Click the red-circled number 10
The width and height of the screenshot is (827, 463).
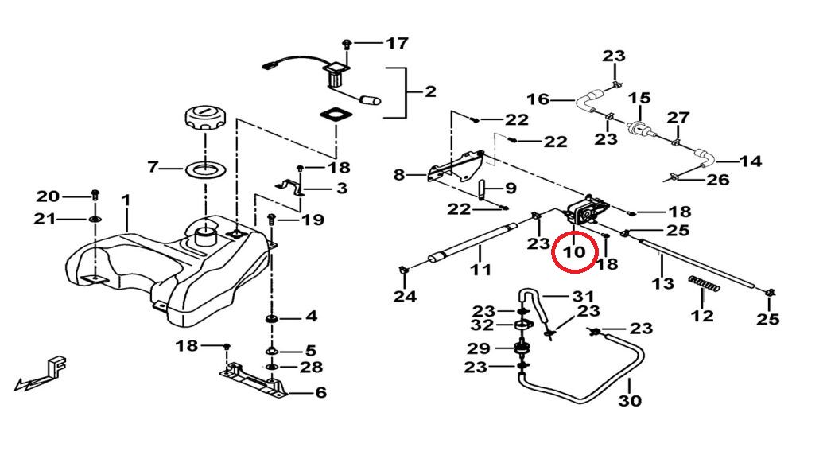(x=575, y=252)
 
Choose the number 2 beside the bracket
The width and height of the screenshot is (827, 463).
(x=430, y=91)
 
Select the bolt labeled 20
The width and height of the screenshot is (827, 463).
(x=95, y=194)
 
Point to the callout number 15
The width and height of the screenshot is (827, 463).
(x=639, y=99)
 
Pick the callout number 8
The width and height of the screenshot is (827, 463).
(x=399, y=174)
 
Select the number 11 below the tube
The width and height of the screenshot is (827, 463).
(x=480, y=270)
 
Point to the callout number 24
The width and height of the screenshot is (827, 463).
(x=404, y=297)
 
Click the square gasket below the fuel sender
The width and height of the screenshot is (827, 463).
(x=337, y=116)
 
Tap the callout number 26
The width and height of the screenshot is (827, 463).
(x=717, y=181)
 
